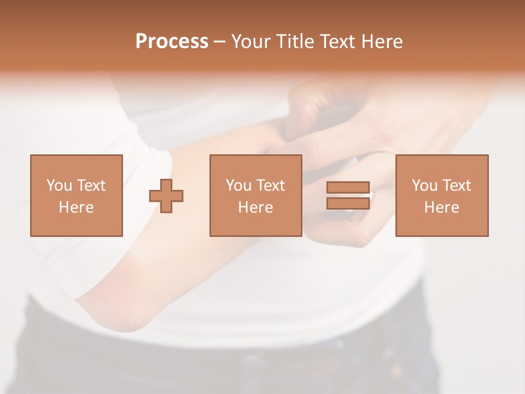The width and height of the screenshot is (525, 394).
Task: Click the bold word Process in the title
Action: [x=172, y=42]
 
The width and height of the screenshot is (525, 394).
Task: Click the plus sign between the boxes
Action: [x=166, y=195]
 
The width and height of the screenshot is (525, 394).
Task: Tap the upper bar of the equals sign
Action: [x=348, y=187]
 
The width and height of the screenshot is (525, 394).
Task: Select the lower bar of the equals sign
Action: [x=348, y=203]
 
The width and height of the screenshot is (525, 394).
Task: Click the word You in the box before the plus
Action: [x=59, y=186]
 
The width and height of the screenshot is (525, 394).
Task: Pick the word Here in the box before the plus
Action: [x=76, y=207]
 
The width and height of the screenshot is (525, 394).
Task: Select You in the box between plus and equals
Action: [x=238, y=186]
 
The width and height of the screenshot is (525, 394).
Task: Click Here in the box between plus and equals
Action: [x=255, y=207]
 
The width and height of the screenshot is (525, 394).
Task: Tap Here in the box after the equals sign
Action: [x=441, y=207]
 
